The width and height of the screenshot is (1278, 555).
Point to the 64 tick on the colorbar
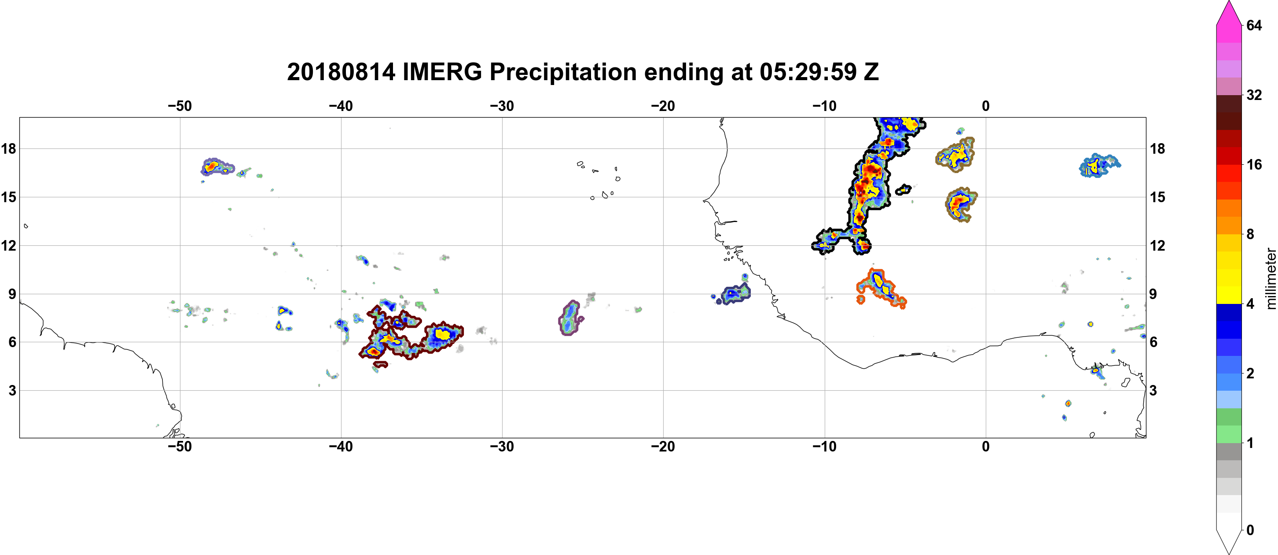[x=1254, y=25]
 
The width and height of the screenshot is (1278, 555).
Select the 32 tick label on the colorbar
[x=1254, y=95]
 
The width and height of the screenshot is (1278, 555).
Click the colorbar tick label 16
[x=1254, y=164]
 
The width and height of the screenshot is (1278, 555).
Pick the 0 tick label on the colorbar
[x=1250, y=530]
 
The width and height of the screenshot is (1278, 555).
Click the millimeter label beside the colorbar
[x=1271, y=278]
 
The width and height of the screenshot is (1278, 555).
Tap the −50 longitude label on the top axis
[x=180, y=106]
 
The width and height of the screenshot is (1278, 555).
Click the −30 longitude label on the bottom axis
[x=502, y=447]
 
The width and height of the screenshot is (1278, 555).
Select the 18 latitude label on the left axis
[x=8, y=148]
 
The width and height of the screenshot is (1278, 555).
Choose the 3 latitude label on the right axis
[x=1153, y=391]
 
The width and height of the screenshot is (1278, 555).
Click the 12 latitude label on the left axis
[x=8, y=245]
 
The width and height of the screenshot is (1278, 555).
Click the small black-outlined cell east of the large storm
[x=903, y=189]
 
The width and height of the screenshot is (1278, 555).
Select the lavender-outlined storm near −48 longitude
[x=217, y=167]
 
